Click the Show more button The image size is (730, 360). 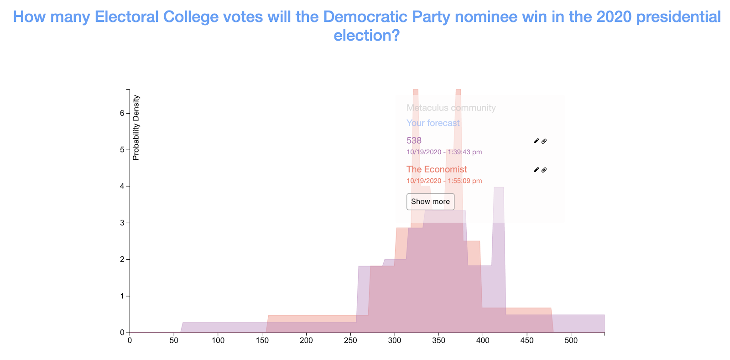pos(430,202)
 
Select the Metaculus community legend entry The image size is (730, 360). pos(451,108)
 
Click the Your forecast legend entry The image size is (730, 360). pos(433,123)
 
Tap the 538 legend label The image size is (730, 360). pos(414,141)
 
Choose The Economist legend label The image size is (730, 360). pos(437,169)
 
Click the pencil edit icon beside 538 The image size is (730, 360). pos(536,141)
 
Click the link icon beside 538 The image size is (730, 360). pos(544,141)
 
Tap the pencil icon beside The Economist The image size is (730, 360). pos(536,170)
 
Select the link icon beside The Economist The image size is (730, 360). pos(544,170)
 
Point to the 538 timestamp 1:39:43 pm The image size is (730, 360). pos(444,152)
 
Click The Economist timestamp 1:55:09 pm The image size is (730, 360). pos(444,181)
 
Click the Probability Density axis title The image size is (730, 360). pos(136,128)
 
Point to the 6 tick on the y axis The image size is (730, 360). pos(122,113)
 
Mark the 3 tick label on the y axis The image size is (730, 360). pos(122,223)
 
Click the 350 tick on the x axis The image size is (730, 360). pos(438,340)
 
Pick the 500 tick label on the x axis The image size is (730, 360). pos(571,340)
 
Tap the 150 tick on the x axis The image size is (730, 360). pos(262,340)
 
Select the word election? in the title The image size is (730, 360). pos(366,35)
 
